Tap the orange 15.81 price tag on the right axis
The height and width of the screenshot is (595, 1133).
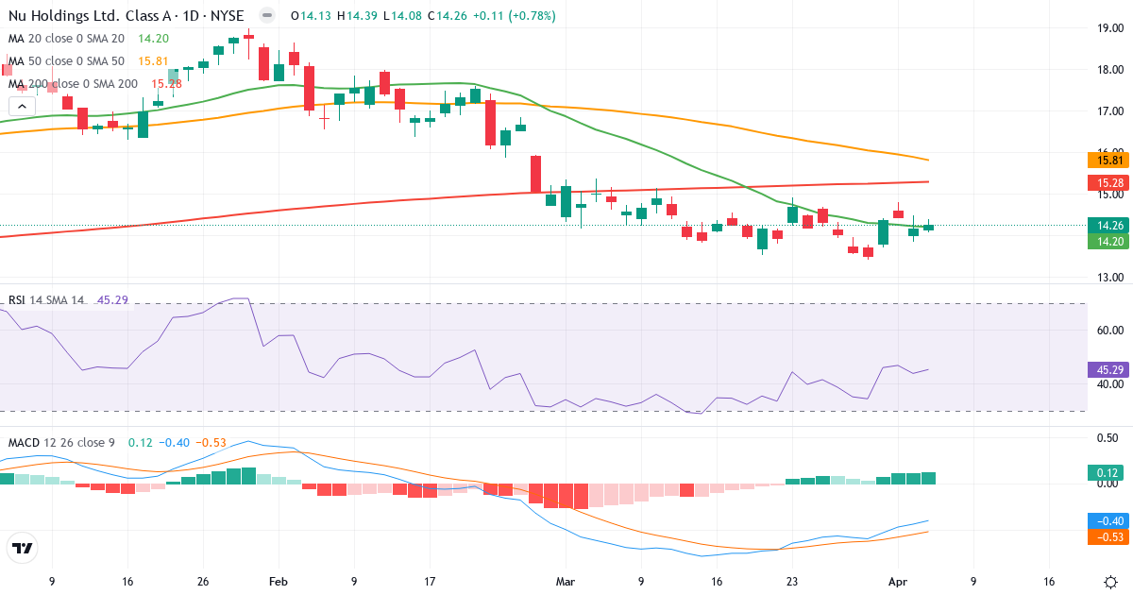coord(1106,161)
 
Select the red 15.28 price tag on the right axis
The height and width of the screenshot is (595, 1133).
coord(1106,182)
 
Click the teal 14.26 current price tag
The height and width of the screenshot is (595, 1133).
coord(1106,225)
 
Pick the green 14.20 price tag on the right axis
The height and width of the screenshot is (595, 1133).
coord(1106,242)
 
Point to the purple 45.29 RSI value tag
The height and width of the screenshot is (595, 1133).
coord(1106,369)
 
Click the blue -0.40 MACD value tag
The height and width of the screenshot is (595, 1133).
coord(1106,520)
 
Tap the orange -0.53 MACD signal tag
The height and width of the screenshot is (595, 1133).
coord(1106,536)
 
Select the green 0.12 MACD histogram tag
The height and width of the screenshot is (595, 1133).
coord(1106,472)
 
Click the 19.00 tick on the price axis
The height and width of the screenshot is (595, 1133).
coord(1108,28)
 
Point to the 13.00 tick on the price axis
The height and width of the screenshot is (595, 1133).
coord(1108,278)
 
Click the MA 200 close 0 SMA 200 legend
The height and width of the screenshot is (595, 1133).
coord(74,84)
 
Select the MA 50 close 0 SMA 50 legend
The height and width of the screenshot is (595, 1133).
coord(67,61)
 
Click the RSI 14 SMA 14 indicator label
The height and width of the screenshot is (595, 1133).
coord(46,300)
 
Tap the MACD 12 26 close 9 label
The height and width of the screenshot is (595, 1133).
coord(63,443)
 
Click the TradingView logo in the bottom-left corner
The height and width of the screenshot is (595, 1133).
coord(23,548)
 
